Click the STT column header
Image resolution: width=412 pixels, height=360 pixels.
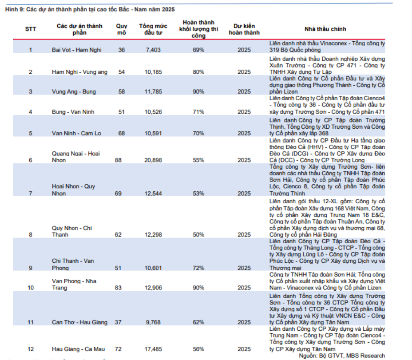point(30,29)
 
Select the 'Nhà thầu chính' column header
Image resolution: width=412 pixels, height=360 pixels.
point(325,29)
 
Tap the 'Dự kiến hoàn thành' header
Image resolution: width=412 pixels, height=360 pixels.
point(244,29)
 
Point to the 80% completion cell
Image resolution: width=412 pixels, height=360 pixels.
point(199,72)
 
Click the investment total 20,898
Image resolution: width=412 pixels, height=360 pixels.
point(152,160)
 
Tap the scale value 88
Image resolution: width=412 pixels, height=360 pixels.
point(118,160)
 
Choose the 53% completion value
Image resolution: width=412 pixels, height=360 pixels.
point(199,193)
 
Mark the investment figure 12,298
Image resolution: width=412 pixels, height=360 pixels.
point(152,235)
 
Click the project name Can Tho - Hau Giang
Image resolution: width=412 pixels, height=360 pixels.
point(80,322)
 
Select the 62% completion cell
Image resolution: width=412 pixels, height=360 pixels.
point(199,322)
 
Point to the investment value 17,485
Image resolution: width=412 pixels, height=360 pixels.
point(152,349)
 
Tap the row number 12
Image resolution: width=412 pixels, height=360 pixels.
point(30,349)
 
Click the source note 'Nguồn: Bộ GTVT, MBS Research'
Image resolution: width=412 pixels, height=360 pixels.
point(342,355)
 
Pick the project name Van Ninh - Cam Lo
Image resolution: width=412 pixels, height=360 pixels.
point(77,133)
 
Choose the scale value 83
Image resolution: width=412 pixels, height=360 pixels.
point(118,287)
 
